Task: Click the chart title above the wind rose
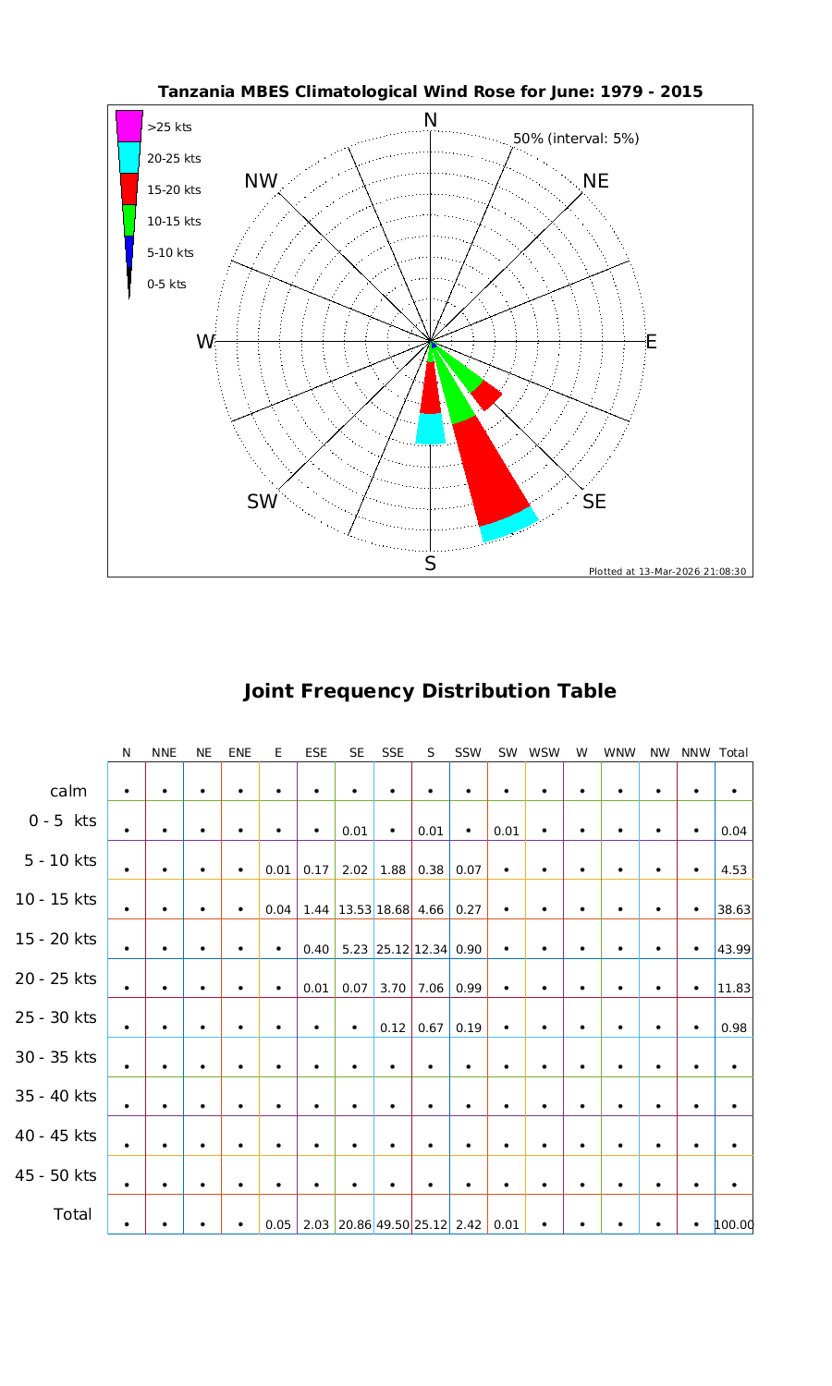[430, 91]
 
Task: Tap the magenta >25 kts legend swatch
[128, 126]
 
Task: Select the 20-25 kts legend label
[174, 159]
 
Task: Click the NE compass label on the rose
[596, 181]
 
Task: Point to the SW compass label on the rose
[263, 502]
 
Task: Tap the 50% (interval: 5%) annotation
[576, 139]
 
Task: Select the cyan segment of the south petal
[430, 429]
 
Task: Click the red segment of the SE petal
[486, 395]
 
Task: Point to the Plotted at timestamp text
[667, 571]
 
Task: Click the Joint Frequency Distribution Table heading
[430, 691]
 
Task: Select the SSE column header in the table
[393, 753]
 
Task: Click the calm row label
[68, 791]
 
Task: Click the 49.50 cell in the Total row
[393, 1225]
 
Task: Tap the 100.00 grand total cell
[733, 1225]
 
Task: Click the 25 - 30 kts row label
[55, 1018]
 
